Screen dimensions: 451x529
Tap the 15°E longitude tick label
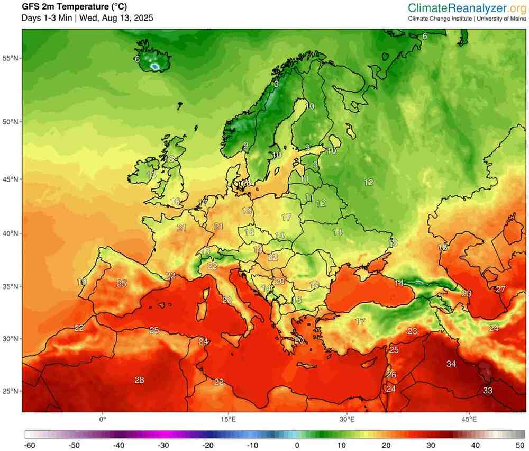point(228,419)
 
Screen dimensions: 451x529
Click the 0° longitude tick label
point(103,419)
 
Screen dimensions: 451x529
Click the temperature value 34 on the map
point(451,364)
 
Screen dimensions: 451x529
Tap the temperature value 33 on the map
point(488,391)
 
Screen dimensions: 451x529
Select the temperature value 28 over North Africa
point(139,380)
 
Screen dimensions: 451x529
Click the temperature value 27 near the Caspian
point(500,289)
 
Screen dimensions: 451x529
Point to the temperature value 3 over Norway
point(276,84)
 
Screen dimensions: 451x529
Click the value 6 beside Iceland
point(137,59)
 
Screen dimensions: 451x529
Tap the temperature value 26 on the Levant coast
point(391,375)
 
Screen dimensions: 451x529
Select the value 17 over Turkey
point(360,321)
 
